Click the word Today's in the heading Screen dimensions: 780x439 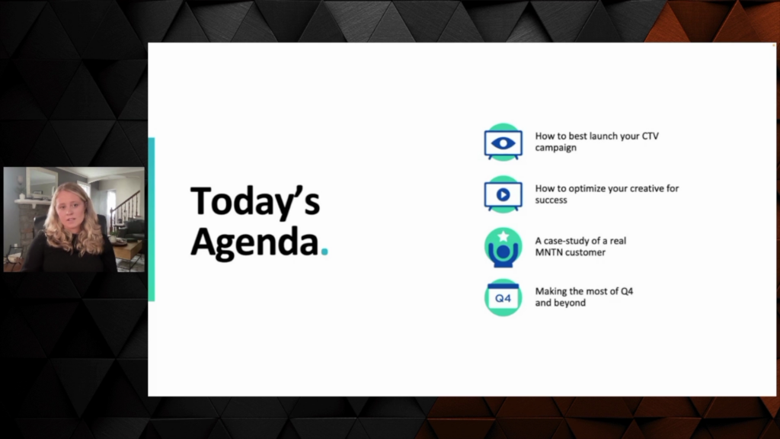[255, 200]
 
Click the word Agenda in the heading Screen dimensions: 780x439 [254, 243]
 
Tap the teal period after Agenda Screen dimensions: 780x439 [324, 252]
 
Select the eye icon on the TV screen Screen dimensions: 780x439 [503, 143]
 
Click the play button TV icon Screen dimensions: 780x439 [503, 194]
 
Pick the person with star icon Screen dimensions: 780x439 [503, 248]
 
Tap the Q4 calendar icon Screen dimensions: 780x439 [503, 298]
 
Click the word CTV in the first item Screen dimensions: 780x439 [651, 136]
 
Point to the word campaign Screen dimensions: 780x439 [555, 148]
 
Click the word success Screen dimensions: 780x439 [551, 200]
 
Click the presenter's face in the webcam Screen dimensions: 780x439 [71, 211]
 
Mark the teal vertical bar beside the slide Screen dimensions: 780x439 [152, 219]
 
